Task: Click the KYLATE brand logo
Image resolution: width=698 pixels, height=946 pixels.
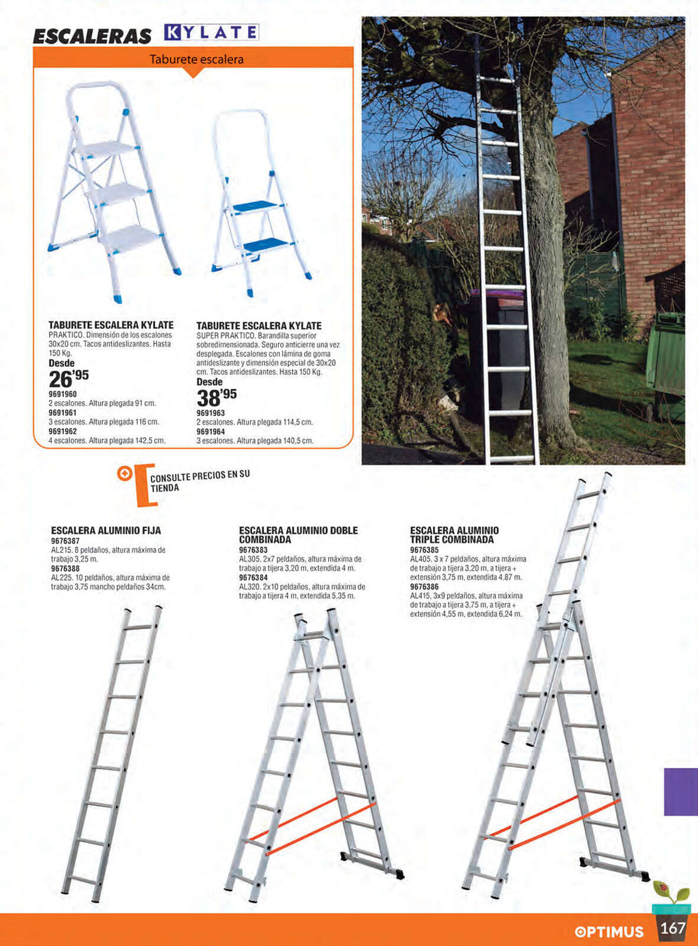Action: [212, 32]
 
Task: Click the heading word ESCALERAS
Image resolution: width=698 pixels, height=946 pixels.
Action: [92, 36]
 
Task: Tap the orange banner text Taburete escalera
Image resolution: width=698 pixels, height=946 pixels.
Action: [196, 60]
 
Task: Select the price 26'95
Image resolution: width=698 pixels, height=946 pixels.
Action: [69, 378]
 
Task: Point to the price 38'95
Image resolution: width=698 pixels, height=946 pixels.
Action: [217, 397]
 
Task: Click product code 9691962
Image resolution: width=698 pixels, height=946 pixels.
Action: [62, 431]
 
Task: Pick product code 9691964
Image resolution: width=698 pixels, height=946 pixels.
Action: [211, 431]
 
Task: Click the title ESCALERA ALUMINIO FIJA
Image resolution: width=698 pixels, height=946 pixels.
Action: [106, 531]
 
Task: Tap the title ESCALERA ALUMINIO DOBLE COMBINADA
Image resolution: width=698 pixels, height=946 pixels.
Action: [298, 535]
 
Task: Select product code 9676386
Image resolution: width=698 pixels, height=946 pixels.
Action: [424, 587]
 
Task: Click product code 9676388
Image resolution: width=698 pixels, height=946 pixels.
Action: [65, 569]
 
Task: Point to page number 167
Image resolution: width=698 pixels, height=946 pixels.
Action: [672, 928]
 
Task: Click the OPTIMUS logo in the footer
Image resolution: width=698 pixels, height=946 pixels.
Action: [609, 931]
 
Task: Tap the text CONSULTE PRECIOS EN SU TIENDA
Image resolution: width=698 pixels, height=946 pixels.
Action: [200, 481]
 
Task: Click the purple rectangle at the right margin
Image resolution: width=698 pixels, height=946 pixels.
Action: [681, 792]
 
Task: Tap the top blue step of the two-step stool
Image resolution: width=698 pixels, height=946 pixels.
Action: [255, 206]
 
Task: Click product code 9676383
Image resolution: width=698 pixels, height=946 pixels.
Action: [253, 550]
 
